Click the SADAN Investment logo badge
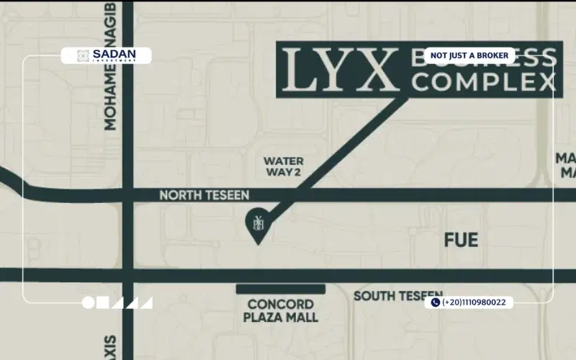pyautogui.click(x=106, y=55)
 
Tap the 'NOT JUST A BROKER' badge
pyautogui.click(x=469, y=55)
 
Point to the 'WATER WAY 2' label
pyautogui.click(x=283, y=166)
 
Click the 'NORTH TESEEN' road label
pyautogui.click(x=204, y=195)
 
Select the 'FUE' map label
pyautogui.click(x=461, y=240)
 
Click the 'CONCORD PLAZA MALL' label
pyautogui.click(x=281, y=310)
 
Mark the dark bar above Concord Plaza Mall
pyautogui.click(x=281, y=289)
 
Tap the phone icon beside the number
pyautogui.click(x=435, y=303)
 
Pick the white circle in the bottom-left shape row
pyautogui.click(x=89, y=303)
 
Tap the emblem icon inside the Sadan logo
pyautogui.click(x=83, y=55)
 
